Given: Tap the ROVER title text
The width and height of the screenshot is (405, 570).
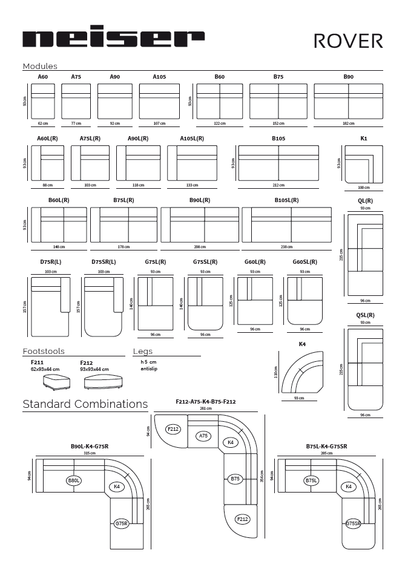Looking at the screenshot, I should point(348,40).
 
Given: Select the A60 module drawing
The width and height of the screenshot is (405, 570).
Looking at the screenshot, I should point(43,101).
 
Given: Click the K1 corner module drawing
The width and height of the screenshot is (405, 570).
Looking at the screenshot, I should point(363,164).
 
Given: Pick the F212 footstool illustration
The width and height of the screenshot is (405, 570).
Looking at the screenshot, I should point(100,382).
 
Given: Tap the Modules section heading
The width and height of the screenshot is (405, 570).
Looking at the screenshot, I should point(40,66).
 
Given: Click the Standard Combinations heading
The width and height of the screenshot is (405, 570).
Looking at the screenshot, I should point(85,404).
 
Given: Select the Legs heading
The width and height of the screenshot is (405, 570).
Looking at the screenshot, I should point(143,351).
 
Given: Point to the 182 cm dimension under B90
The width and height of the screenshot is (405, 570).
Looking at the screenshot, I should point(348,123).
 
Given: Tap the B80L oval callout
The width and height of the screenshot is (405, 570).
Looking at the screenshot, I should point(74,480).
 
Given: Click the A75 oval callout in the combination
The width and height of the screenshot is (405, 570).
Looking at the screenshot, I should point(204,435).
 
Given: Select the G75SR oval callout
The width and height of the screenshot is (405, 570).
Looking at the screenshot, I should point(354,523).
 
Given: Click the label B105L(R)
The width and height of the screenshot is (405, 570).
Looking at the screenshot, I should point(286,200).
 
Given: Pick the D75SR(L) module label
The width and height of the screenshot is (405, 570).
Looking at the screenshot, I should point(104,262).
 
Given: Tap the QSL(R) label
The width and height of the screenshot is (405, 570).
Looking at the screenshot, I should point(365,315).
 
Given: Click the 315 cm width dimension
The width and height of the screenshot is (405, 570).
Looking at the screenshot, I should point(90,453).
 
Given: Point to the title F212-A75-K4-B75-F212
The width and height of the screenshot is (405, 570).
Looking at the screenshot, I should point(206,401).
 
